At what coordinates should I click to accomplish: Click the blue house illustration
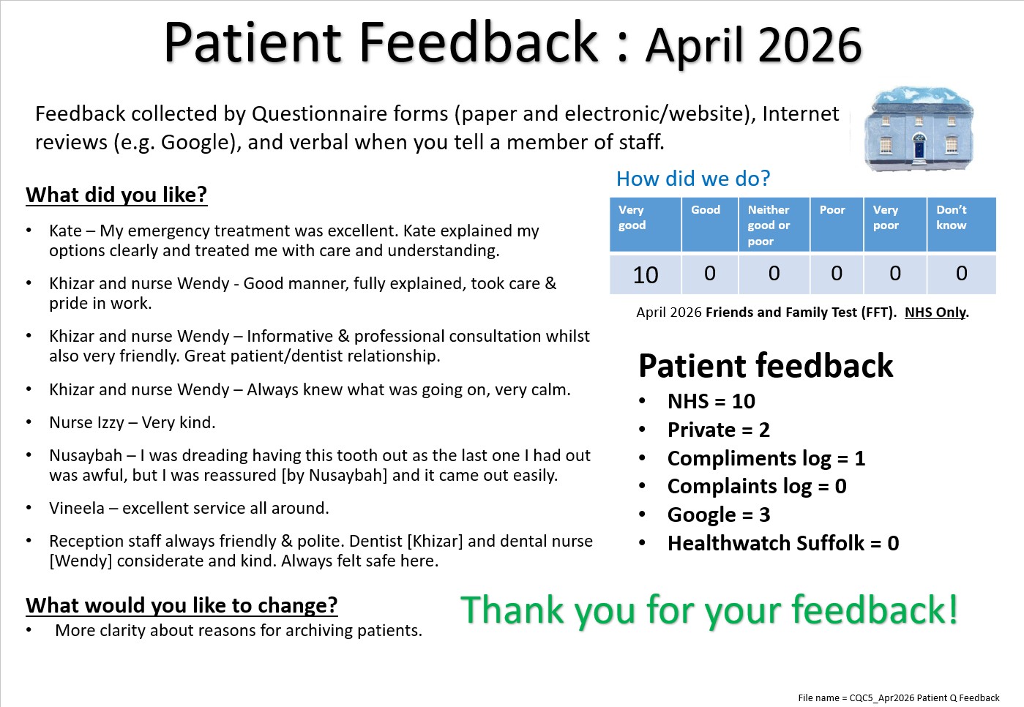coord(919,128)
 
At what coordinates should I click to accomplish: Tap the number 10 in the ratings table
coord(646,274)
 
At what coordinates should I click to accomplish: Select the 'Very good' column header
coord(632,217)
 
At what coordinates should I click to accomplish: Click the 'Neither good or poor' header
coord(769,225)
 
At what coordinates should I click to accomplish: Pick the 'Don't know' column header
coord(952,217)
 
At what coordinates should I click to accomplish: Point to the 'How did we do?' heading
coord(693,179)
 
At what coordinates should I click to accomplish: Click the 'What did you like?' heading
coord(116,195)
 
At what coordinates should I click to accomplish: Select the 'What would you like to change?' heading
coord(182,605)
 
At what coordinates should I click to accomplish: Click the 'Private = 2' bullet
coord(718,430)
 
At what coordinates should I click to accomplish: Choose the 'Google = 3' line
coord(719,515)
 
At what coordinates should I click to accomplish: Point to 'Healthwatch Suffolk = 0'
coord(783,543)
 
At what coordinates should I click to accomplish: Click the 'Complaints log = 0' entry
coord(757,486)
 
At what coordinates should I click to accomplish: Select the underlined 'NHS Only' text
coord(935,312)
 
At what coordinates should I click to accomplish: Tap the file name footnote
coord(899,698)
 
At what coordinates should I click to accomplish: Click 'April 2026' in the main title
coord(753,45)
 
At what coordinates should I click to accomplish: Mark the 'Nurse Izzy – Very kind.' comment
coord(132,422)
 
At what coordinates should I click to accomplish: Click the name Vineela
coord(77,508)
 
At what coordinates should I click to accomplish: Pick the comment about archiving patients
coord(239,630)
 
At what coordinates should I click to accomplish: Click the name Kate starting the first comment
coord(65,231)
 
